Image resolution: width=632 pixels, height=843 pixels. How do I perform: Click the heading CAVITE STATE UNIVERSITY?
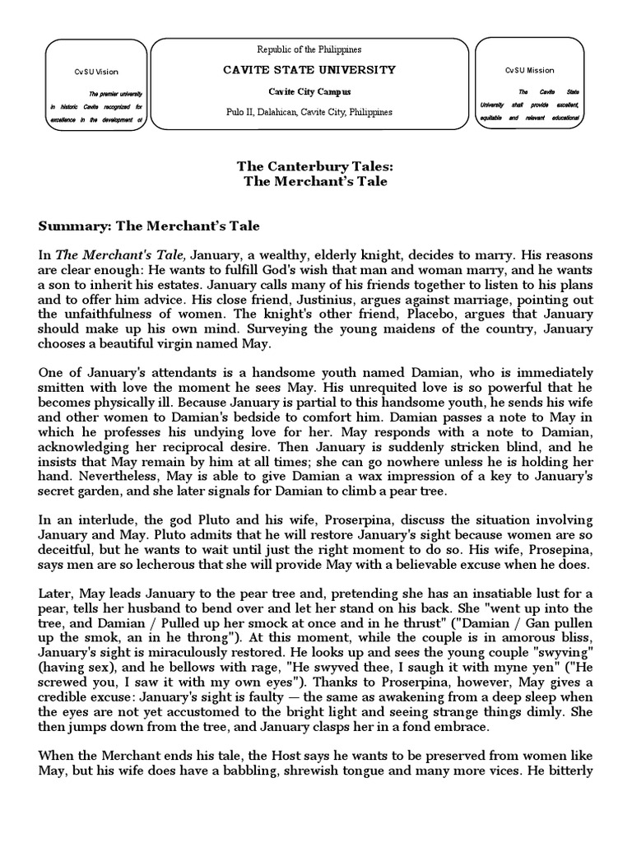click(309, 70)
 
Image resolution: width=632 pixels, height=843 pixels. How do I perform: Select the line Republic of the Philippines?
click(309, 49)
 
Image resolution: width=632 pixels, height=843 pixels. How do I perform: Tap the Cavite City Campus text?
click(309, 91)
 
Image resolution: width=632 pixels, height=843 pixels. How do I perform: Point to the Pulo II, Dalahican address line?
click(309, 112)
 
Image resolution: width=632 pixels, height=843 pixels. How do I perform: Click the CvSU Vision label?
click(95, 72)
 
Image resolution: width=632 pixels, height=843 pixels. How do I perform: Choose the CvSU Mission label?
click(529, 71)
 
